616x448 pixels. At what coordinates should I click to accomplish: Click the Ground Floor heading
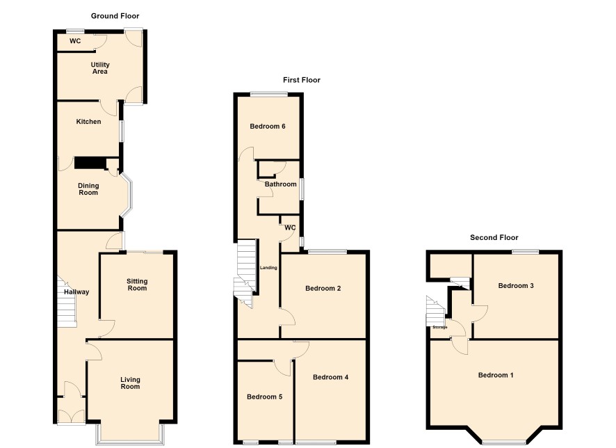[115, 16]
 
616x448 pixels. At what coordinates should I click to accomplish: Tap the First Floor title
[302, 80]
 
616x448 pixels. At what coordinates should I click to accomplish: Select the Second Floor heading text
[494, 237]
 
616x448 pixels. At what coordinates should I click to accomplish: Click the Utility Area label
[100, 68]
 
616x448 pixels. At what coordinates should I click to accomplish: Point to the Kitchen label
[88, 122]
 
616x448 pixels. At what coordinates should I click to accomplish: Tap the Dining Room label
[88, 189]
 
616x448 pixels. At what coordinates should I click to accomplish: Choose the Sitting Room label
[137, 285]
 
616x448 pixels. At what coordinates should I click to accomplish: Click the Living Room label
[130, 383]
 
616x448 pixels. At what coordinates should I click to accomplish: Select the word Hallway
[76, 292]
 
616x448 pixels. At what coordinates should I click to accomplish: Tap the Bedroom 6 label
[268, 127]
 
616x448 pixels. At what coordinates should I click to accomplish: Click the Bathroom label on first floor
[280, 184]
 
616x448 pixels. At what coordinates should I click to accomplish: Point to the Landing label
[268, 268]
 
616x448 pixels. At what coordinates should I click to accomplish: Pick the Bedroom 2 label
[323, 289]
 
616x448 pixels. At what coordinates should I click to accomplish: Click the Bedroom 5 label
[264, 397]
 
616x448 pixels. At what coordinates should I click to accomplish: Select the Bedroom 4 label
[330, 377]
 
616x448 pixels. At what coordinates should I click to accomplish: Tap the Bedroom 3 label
[516, 286]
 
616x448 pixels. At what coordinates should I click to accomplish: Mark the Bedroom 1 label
[496, 375]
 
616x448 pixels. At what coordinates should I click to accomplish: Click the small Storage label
[440, 327]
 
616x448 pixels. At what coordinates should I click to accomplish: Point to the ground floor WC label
[75, 41]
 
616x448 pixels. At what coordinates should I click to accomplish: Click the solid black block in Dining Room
[90, 163]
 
